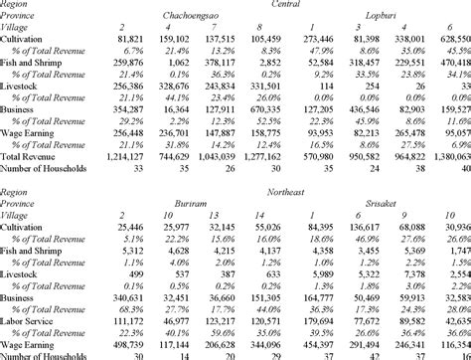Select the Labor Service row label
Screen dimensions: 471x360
pos(29,323)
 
